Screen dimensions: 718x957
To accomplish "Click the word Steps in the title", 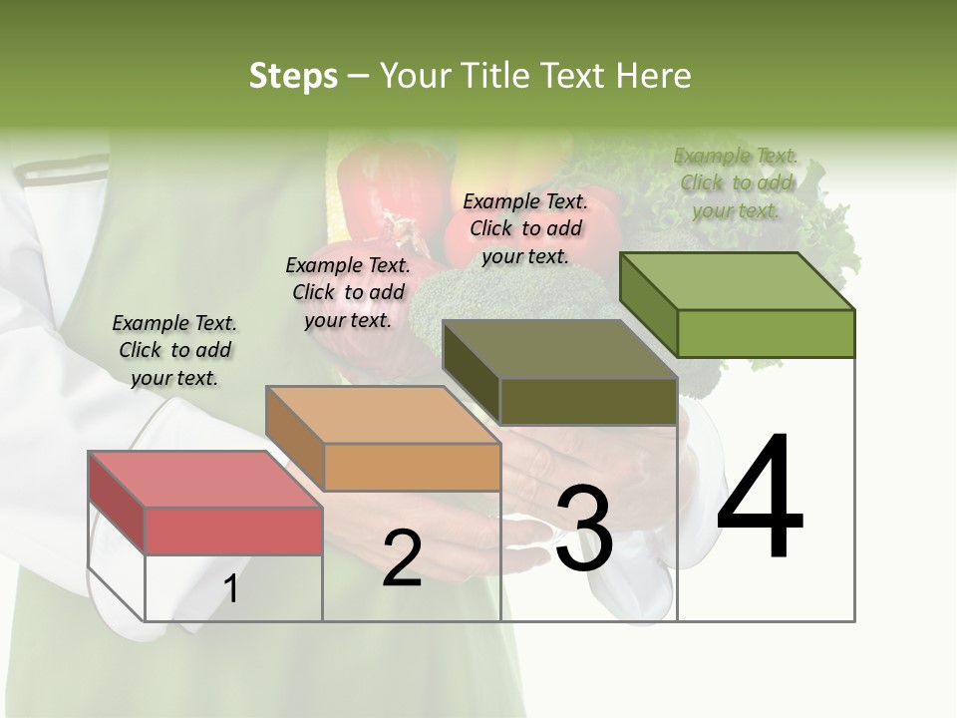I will click(x=293, y=77).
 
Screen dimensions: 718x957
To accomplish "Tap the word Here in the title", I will click(x=652, y=77).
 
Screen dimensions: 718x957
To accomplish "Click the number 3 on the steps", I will click(x=584, y=528).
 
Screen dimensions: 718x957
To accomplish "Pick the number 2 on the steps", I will click(x=402, y=558).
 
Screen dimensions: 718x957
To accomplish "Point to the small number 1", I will click(x=231, y=589).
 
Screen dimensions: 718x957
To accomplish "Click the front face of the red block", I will click(x=233, y=531).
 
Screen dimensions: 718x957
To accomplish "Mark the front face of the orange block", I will click(x=412, y=467).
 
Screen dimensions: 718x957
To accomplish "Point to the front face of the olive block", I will click(x=588, y=401).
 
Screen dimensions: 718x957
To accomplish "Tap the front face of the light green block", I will click(x=766, y=333).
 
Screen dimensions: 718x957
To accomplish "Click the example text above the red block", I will click(x=174, y=350).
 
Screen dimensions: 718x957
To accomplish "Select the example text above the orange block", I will click(x=348, y=292).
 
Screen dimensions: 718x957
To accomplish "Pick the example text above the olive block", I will click(x=525, y=228).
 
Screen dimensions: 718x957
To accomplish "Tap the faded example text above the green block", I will click(x=736, y=182).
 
